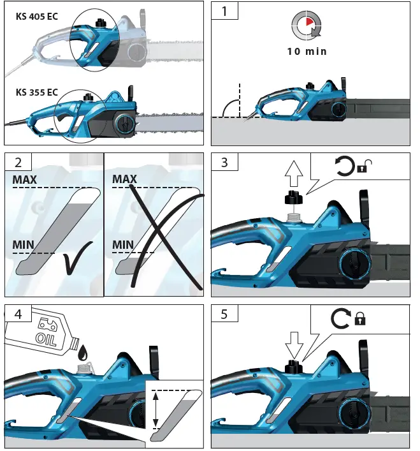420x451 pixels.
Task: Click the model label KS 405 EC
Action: (37, 17)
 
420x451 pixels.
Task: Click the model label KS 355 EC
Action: (37, 92)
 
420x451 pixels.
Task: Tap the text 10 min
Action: (306, 52)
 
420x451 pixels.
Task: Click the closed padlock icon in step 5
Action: (360, 318)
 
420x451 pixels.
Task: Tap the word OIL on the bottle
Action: (45, 336)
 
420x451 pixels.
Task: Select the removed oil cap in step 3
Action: (294, 200)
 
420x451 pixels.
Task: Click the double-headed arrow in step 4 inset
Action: (155, 409)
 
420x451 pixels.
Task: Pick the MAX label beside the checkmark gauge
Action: (24, 180)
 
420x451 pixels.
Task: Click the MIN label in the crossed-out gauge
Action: (123, 245)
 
